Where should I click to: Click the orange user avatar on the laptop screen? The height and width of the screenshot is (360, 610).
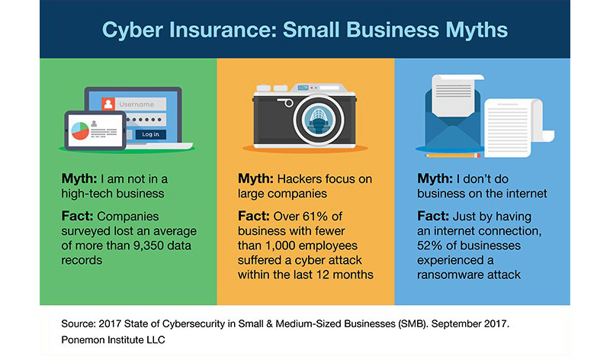pyautogui.click(x=109, y=104)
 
